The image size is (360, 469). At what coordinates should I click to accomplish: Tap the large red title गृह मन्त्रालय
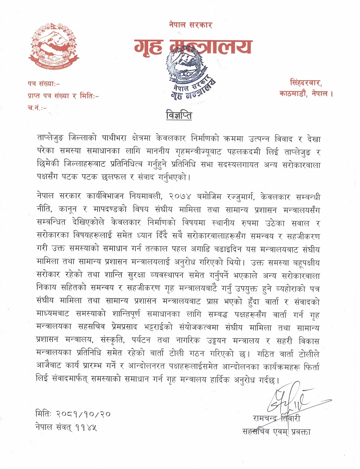pyautogui.click(x=193, y=47)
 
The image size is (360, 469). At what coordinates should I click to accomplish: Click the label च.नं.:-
pyautogui.click(x=37, y=107)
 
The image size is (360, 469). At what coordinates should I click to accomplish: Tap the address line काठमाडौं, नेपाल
pyautogui.click(x=306, y=95)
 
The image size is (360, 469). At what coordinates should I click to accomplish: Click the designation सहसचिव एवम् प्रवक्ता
pyautogui.click(x=276, y=433)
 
